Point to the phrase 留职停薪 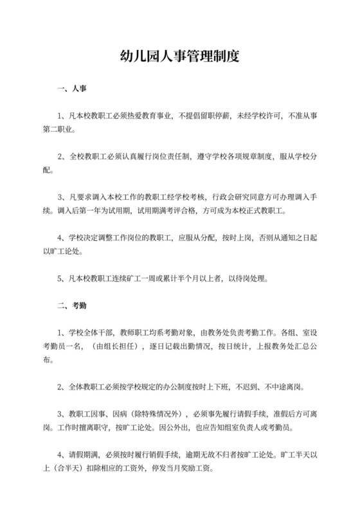coord(212,116)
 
